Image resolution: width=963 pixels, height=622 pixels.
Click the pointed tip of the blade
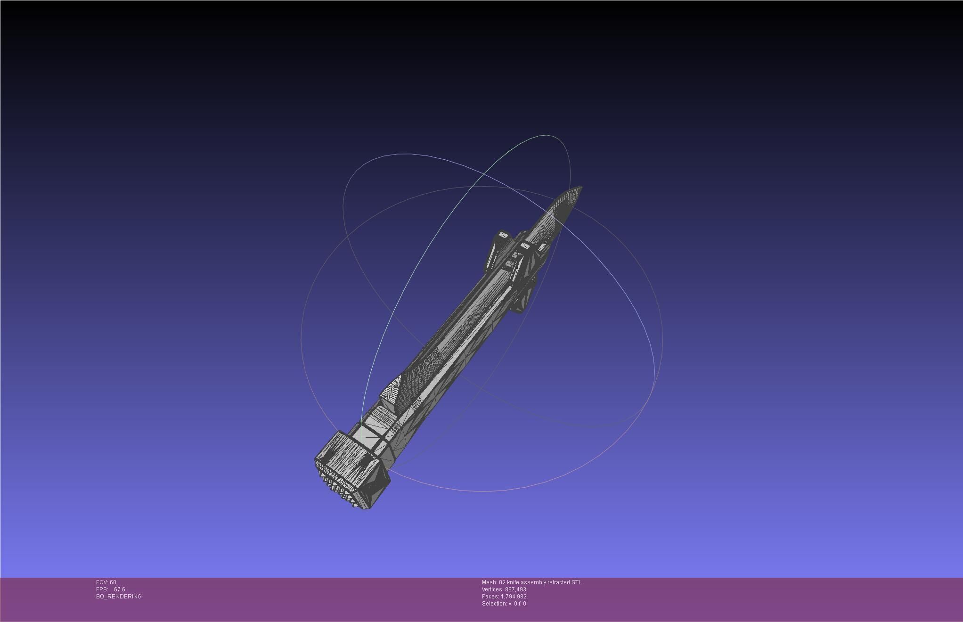pyautogui.click(x=581, y=188)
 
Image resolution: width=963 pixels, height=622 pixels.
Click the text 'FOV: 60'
pyautogui.click(x=106, y=582)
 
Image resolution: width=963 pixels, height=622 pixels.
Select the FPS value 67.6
pyautogui.click(x=120, y=589)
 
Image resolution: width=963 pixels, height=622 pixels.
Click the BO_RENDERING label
pyautogui.click(x=119, y=597)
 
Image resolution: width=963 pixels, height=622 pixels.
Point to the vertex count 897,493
pyautogui.click(x=515, y=589)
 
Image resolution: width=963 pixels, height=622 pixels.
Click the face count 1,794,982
pyautogui.click(x=514, y=597)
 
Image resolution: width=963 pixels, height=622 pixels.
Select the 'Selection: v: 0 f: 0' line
pyautogui.click(x=504, y=604)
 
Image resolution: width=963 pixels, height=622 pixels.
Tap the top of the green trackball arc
pyautogui.click(x=547, y=136)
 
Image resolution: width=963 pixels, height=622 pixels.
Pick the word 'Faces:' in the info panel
pyautogui.click(x=490, y=597)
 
